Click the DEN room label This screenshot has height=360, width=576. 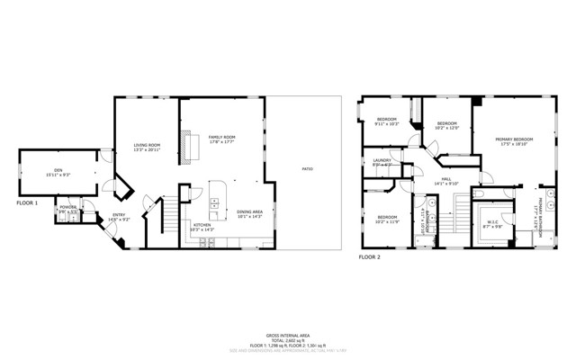click(57, 171)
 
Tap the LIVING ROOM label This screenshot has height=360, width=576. click(147, 147)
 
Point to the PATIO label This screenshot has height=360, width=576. click(307, 169)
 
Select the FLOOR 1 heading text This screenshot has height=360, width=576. click(28, 203)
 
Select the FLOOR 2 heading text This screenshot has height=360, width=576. click(370, 257)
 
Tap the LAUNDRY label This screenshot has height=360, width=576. click(382, 161)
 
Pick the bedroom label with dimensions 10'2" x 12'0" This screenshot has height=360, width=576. click(447, 125)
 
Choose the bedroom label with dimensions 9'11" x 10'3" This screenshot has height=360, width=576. click(387, 121)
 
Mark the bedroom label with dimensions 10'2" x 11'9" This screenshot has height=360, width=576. click(387, 219)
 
